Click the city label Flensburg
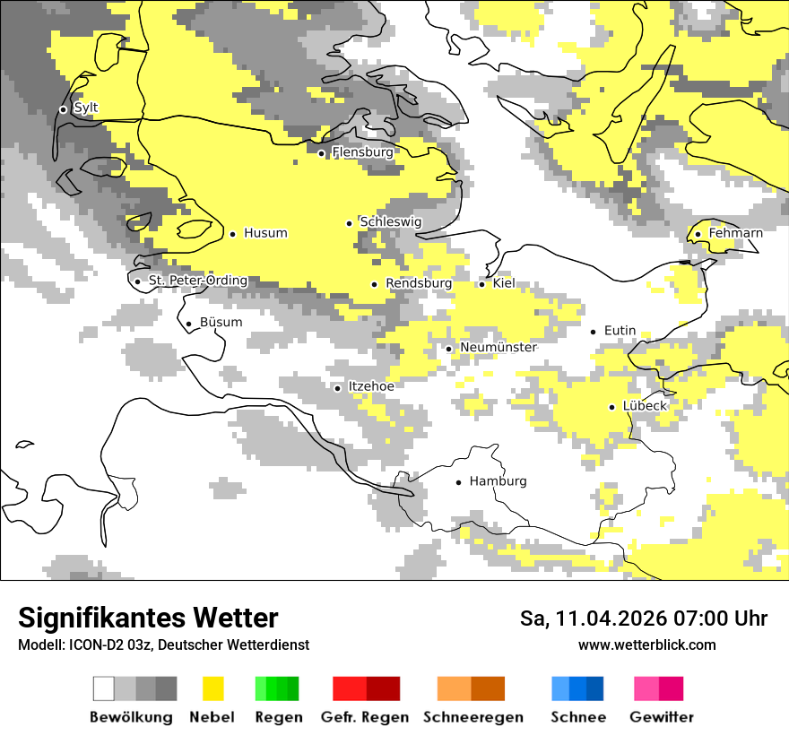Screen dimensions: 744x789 [x=362, y=152]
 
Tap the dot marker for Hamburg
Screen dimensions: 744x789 [x=459, y=482]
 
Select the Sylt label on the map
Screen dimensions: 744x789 [x=86, y=108]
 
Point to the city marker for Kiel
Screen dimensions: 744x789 [x=482, y=284]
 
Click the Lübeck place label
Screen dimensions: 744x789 [x=645, y=406]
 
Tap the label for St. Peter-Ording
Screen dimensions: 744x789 [x=197, y=281]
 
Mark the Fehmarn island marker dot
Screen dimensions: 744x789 [x=698, y=235]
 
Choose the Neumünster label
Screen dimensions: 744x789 [x=499, y=348]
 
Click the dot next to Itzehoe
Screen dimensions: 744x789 [x=338, y=388]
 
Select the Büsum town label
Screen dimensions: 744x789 [x=221, y=323]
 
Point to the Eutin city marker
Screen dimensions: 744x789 [x=594, y=332]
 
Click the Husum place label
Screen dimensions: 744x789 [x=265, y=233]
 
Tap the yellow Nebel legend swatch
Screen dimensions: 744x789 [x=212, y=688]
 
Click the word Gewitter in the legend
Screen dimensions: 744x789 [x=662, y=717]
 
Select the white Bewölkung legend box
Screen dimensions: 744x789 [x=104, y=688]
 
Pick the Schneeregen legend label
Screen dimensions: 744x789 [x=473, y=717]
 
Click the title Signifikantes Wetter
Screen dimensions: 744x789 [x=148, y=618]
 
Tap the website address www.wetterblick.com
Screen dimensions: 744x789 [x=647, y=645]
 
